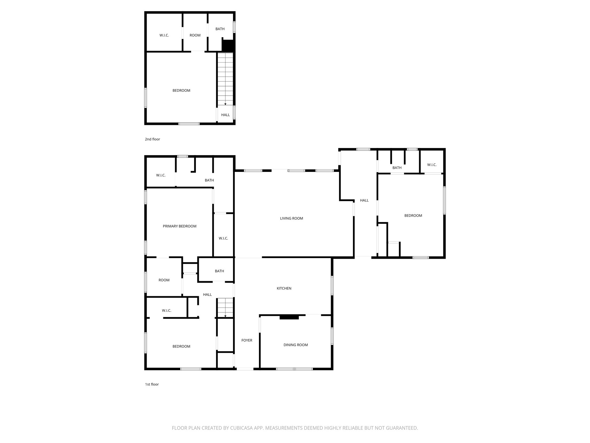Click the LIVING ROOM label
click(x=292, y=218)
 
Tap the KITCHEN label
click(x=284, y=288)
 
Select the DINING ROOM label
click(x=296, y=345)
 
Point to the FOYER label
click(x=247, y=340)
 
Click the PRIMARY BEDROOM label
click(x=179, y=226)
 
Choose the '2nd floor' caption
click(x=152, y=139)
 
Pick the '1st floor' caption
click(x=152, y=384)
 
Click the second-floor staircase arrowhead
click(x=225, y=104)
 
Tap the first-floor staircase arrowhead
click(x=225, y=316)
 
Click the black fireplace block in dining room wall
click(x=289, y=317)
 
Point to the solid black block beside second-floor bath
click(x=228, y=46)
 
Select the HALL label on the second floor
click(x=226, y=115)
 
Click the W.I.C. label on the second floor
click(x=164, y=35)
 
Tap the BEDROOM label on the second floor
click(x=181, y=91)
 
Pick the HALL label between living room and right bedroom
click(x=364, y=200)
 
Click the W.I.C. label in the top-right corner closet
click(x=432, y=165)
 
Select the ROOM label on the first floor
click(x=164, y=280)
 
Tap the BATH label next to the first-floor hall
click(x=219, y=271)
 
